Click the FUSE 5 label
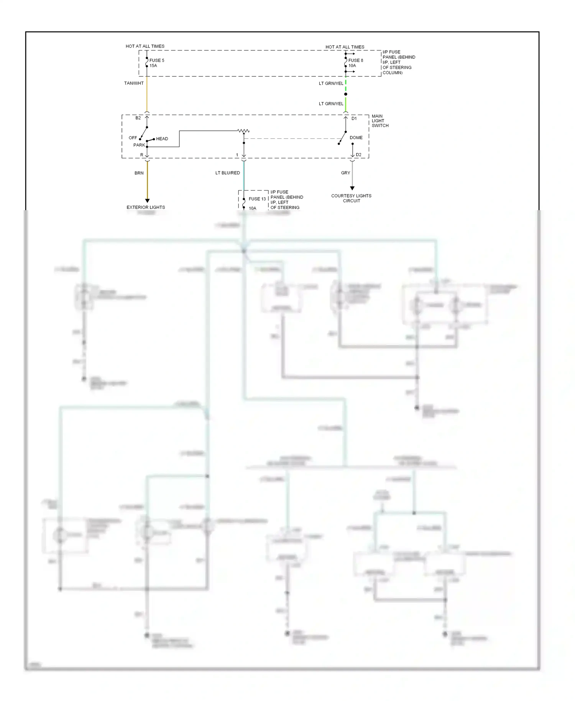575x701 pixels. click(156, 60)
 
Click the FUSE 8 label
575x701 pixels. click(355, 60)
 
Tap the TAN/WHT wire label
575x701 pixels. click(134, 83)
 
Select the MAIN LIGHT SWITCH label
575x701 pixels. click(380, 121)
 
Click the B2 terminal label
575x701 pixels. click(138, 118)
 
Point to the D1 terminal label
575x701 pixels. click(354, 118)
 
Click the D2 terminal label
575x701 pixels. click(358, 155)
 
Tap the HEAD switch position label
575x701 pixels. click(162, 139)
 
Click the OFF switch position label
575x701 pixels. click(133, 138)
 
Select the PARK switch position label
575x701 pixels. click(139, 145)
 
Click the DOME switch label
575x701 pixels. click(356, 138)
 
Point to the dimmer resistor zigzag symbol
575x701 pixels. click(243, 131)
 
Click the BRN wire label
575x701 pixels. click(139, 173)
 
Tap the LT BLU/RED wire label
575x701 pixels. click(227, 173)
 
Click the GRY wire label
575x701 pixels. click(345, 173)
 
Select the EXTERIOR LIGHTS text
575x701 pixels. click(146, 207)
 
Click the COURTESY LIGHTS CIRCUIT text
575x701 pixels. click(351, 198)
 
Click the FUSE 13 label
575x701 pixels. click(257, 199)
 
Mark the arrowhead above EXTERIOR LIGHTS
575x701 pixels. click(147, 201)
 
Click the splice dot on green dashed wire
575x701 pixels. click(346, 94)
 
